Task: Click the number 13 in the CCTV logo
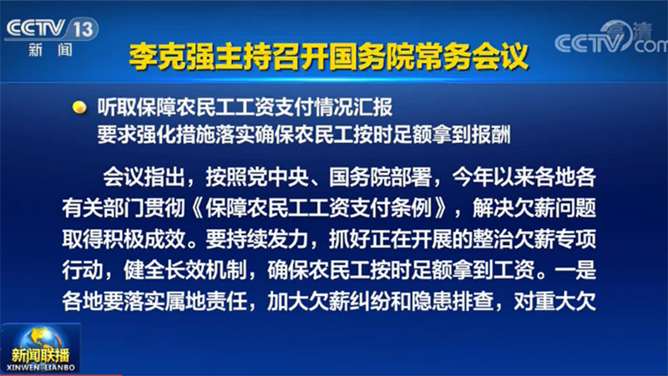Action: pos(83,29)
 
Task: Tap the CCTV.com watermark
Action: pos(611,38)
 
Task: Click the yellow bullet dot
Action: pos(79,107)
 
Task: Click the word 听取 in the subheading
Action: pos(117,108)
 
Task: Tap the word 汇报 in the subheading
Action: pos(372,108)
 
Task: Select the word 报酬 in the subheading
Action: pos(490,135)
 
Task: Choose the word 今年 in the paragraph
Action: pos(473,177)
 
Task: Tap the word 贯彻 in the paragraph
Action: pos(164,208)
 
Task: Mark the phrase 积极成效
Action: pos(144,240)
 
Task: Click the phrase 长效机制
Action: pos(205,270)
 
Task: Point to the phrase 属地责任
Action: pos(205,302)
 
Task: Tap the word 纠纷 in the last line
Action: pos(370,302)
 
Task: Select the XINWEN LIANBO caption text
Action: pos(41,368)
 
